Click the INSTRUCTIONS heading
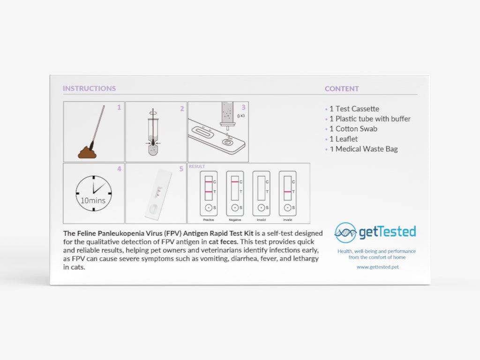point(90,89)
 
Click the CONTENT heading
point(342,89)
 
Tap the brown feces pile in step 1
point(87,152)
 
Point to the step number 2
point(182,109)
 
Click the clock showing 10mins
point(94,193)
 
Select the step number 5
point(181,169)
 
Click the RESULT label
point(197,166)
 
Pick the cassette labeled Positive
point(209,194)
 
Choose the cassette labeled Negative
point(235,194)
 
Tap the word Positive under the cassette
point(209,220)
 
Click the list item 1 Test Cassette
point(354,109)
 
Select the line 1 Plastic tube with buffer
point(370,119)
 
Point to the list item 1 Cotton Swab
point(353,129)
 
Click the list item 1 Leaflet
point(344,139)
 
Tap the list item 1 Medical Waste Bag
point(364,149)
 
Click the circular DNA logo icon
point(345,232)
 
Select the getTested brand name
point(387,232)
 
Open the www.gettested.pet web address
point(378,267)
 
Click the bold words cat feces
point(223,241)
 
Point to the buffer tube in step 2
point(153,136)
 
